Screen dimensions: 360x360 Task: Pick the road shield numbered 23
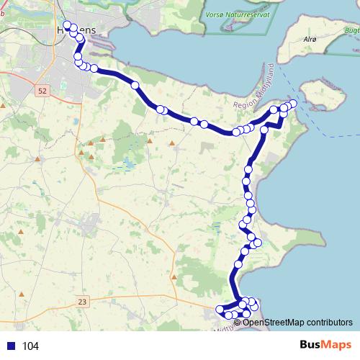point(82,302)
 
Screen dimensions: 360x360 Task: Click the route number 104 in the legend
point(30,346)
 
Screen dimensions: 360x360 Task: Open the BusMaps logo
point(325,345)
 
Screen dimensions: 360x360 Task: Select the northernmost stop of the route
point(68,25)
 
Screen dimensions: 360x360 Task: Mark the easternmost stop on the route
point(292,104)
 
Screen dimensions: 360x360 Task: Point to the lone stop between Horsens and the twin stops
point(135,86)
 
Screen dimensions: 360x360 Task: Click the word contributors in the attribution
point(327,322)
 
